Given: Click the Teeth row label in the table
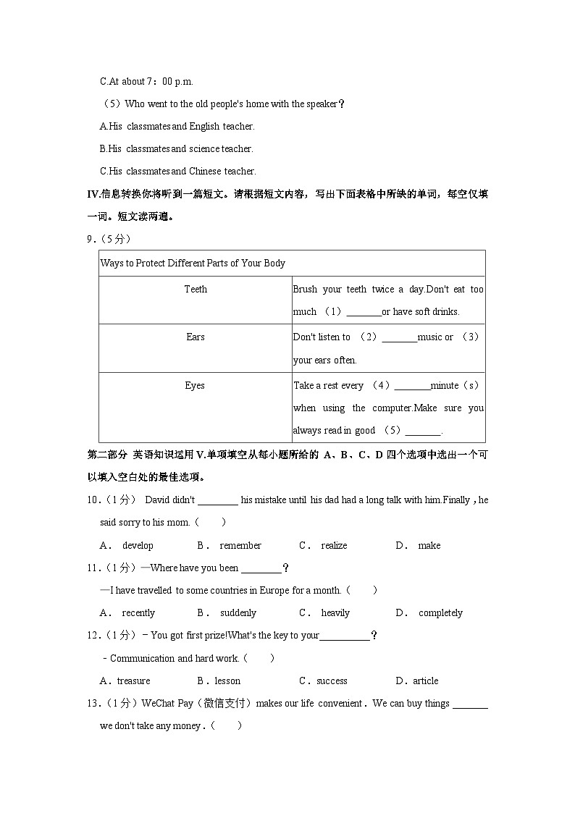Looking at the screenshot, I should click(196, 289).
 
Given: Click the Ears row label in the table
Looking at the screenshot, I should click(196, 337).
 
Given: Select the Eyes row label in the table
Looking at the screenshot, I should click(195, 385).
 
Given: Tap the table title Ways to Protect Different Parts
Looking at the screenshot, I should click(193, 263).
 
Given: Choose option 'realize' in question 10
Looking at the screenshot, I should click(334, 545).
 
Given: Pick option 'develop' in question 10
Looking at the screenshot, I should click(138, 545).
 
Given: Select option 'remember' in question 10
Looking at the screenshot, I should click(240, 545).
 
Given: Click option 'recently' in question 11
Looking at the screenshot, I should click(138, 612).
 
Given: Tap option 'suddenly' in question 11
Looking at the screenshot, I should click(238, 612).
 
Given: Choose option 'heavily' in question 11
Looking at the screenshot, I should click(335, 612).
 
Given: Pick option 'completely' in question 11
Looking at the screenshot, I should click(440, 612).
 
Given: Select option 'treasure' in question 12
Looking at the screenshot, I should click(134, 681).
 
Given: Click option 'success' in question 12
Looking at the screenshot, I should click(332, 681).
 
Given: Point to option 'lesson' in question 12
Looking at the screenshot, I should click(227, 681).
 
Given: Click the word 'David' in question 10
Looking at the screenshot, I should click(159, 500).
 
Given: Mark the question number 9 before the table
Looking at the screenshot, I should click(89, 239).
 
